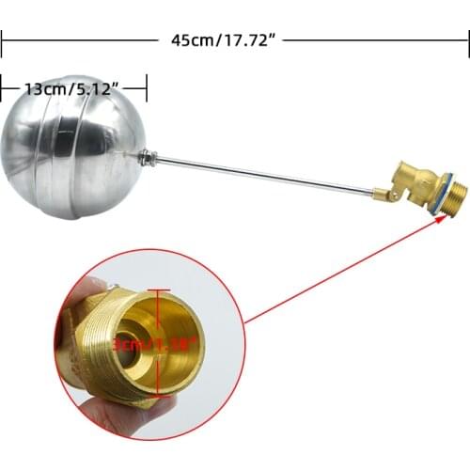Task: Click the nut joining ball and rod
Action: pos(147,158)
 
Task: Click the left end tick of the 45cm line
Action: pos(2,40)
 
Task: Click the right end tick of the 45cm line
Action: pos(467,40)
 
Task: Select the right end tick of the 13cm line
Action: pos(147,89)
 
